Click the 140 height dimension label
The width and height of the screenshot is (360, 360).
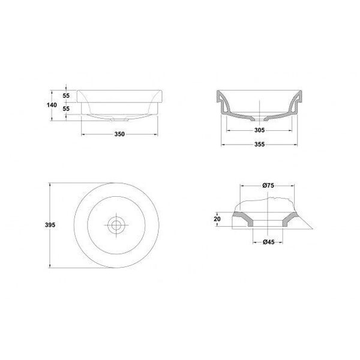pyautogui.click(x=52, y=105)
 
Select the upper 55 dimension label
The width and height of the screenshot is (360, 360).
pyautogui.click(x=66, y=96)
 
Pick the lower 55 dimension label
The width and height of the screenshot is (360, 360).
pyautogui.click(x=66, y=109)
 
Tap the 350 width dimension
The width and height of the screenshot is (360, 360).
pyautogui.click(x=119, y=134)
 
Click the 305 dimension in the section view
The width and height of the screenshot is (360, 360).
pyautogui.click(x=259, y=130)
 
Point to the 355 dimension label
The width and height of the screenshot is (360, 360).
pyautogui.click(x=259, y=145)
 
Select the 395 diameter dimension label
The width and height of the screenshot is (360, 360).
pyautogui.click(x=50, y=225)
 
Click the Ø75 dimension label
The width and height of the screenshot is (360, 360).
pyautogui.click(x=268, y=185)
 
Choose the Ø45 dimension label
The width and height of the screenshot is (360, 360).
pyautogui.click(x=269, y=242)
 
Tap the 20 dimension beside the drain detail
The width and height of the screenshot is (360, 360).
pyautogui.click(x=217, y=219)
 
